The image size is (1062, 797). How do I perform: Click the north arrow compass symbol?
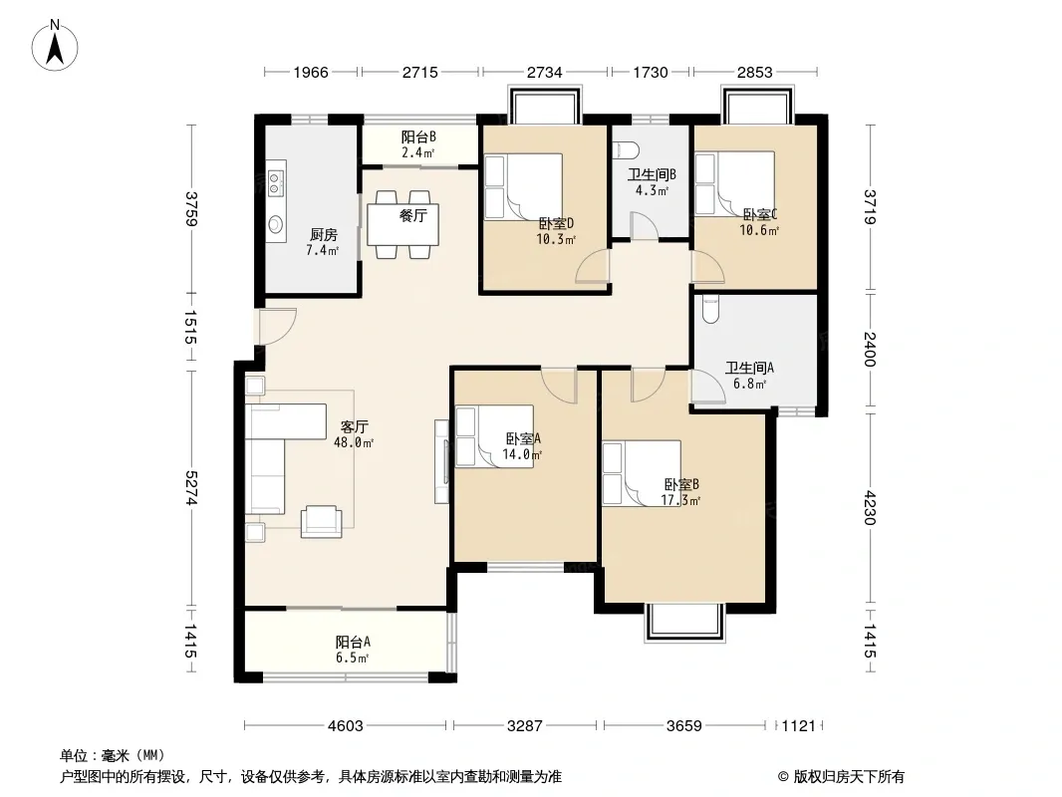[55, 46]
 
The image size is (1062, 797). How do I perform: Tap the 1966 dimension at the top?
[311, 72]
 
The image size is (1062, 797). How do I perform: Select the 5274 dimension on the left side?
[192, 487]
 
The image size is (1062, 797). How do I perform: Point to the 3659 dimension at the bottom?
[684, 726]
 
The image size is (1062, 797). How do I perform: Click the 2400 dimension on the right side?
[871, 350]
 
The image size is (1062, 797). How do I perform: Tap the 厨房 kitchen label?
[323, 235]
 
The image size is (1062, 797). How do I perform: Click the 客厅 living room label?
[354, 426]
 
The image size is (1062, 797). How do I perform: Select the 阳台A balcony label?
[353, 642]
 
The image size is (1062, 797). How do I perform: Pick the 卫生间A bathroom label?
[749, 368]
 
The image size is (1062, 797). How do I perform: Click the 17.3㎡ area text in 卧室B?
[680, 500]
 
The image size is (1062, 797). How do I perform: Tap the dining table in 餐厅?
[402, 225]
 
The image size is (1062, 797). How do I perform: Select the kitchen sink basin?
[276, 223]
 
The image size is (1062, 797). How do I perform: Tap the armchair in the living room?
[321, 521]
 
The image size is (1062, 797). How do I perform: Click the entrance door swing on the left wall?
[278, 327]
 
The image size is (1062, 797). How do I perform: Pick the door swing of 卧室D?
[593, 266]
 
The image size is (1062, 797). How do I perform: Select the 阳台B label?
[417, 136]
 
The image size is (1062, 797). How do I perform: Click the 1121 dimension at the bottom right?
[799, 726]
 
